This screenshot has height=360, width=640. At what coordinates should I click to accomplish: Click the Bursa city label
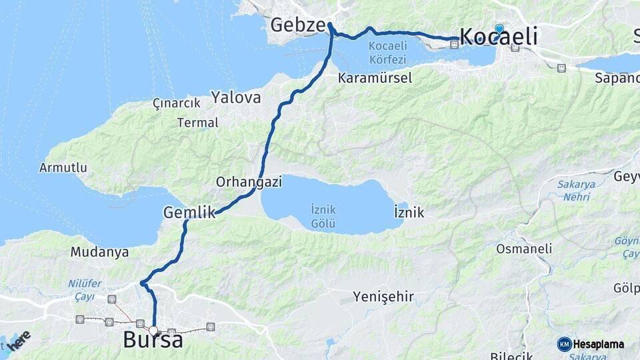(153, 341)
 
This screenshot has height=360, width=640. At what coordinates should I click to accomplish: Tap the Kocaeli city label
(499, 37)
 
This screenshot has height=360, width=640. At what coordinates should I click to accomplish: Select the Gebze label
(298, 26)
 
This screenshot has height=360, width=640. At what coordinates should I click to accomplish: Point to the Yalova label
(236, 97)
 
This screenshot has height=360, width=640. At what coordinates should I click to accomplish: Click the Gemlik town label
(189, 213)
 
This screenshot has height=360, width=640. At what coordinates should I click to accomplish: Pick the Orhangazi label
(249, 181)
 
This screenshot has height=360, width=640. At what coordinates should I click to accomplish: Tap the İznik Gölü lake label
(323, 215)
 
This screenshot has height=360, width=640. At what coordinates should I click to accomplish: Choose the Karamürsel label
(375, 78)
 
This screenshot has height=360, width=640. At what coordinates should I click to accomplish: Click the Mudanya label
(99, 253)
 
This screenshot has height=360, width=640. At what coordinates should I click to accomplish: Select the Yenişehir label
(383, 297)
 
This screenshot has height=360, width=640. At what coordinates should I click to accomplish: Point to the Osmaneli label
(524, 249)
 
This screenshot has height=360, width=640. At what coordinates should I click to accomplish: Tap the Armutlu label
(63, 167)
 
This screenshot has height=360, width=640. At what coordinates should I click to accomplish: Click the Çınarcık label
(177, 103)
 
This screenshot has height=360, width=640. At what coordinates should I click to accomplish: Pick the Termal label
(197, 123)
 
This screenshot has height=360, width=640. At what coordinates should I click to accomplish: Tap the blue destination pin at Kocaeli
(499, 28)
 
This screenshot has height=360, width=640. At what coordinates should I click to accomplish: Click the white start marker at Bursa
(154, 330)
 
